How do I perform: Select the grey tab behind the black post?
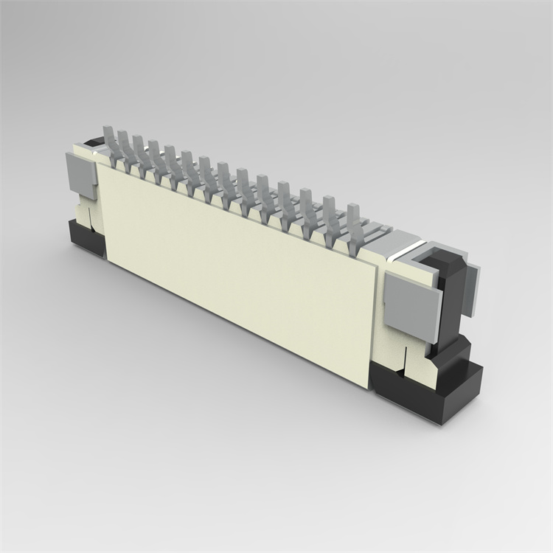click(472, 291)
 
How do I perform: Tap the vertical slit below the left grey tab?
click(86, 214)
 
